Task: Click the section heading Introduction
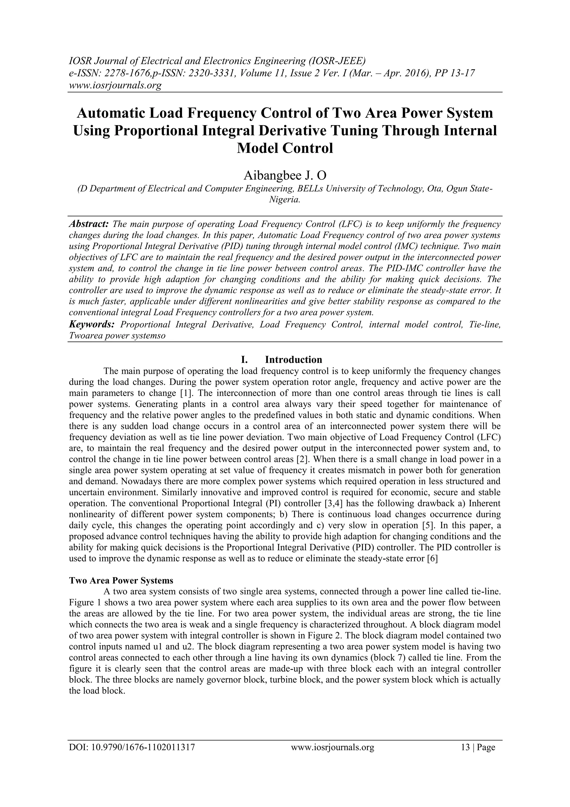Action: (293, 360)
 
